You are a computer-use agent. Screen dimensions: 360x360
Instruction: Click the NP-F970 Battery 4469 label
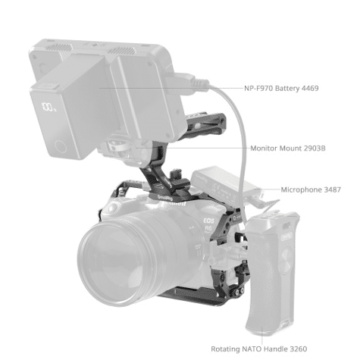point(281,89)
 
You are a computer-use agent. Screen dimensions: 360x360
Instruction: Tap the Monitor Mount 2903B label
point(288,149)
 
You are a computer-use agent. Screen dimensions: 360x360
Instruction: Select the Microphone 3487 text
point(311,189)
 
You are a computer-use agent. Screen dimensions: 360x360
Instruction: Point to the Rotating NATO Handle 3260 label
point(259,349)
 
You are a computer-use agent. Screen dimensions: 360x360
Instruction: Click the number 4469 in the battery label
point(310,89)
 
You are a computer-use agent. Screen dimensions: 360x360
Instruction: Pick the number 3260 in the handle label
point(299,349)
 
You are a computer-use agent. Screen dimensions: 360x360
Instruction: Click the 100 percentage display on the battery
point(49,107)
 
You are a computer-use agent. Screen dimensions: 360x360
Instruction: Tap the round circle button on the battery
point(61,146)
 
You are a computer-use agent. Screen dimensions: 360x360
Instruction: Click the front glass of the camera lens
point(115,263)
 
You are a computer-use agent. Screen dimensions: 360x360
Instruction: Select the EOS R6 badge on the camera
point(209,225)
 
